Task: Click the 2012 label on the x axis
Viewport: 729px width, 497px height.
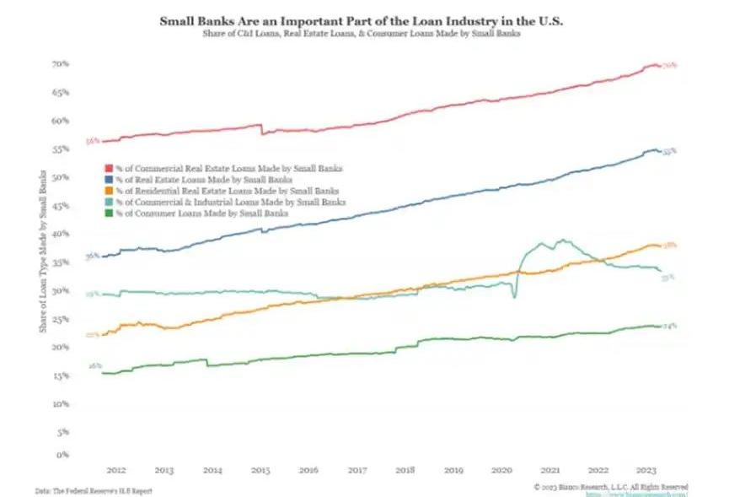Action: tap(116, 470)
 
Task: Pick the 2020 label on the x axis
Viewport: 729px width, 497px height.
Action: tap(502, 470)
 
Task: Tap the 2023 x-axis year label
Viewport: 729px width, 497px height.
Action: tap(646, 470)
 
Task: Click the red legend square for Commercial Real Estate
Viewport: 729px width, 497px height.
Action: tap(108, 169)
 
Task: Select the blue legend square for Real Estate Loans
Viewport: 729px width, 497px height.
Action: tap(108, 181)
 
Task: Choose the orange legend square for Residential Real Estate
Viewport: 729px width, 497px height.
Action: tap(108, 192)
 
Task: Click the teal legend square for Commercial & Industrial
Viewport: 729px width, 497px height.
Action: tap(108, 203)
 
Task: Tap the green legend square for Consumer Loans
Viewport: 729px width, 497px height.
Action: tap(108, 214)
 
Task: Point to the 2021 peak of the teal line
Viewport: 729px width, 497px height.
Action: tap(562, 240)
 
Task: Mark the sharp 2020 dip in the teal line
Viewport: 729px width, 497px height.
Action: tap(514, 297)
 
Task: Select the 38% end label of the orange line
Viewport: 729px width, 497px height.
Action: tap(671, 246)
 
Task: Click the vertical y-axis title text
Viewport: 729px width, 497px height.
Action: tap(42, 251)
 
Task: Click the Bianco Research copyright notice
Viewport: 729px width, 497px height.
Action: tap(610, 487)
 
